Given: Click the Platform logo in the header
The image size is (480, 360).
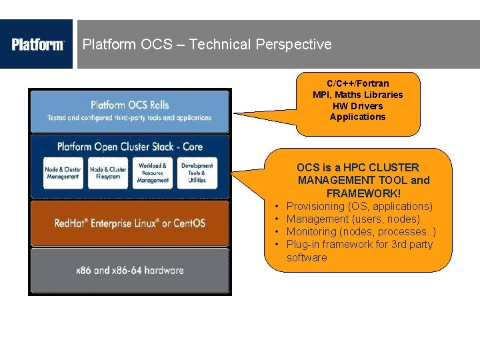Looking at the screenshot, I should click(37, 45).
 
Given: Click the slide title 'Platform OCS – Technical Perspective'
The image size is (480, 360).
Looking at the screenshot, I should click(207, 45).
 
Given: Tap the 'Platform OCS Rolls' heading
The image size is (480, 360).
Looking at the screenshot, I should click(130, 105).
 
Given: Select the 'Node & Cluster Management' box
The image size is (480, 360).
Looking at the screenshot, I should click(63, 173).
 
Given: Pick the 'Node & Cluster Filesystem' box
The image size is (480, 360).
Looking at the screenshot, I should click(108, 173).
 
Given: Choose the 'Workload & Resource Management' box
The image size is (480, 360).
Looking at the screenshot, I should click(153, 173).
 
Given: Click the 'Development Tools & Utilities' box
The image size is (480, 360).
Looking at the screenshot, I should click(197, 173).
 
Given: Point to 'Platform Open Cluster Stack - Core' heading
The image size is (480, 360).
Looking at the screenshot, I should click(130, 147).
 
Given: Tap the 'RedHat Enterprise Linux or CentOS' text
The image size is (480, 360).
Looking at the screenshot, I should click(130, 223).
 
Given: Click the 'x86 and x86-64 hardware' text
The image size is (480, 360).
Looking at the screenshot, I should click(130, 270).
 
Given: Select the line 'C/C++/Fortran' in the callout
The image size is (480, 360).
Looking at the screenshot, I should click(357, 83).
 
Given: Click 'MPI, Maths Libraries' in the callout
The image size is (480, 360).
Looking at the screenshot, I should click(357, 95).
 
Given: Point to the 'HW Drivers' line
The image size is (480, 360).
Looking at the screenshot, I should click(357, 106).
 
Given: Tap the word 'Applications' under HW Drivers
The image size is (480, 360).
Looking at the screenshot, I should click(357, 117).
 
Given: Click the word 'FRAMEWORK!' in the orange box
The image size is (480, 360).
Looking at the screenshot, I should click(363, 193).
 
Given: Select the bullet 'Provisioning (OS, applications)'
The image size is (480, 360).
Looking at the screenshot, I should click(359, 206).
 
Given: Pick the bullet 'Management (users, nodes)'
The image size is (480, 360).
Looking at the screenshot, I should click(353, 219).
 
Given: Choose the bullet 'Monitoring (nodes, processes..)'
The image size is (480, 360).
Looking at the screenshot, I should click(361, 231).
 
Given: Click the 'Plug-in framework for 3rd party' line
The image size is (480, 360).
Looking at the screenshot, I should click(359, 244).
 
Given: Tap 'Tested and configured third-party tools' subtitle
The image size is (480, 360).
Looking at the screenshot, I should click(129, 118).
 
